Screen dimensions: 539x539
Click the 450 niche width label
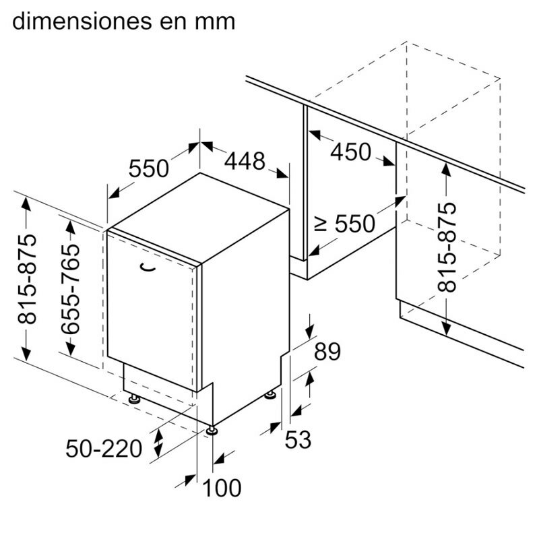tap(350, 152)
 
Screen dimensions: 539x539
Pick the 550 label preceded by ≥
tap(364, 223)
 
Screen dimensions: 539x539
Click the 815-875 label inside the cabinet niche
tap(446, 247)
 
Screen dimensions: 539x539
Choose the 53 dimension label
tap(297, 440)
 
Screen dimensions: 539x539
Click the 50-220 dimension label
tap(104, 447)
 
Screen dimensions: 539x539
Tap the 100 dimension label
tap(221, 487)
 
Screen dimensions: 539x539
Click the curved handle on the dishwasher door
tap(147, 267)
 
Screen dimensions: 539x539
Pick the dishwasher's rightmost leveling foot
tap(272, 393)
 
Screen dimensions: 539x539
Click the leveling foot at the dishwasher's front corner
tap(213, 429)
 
